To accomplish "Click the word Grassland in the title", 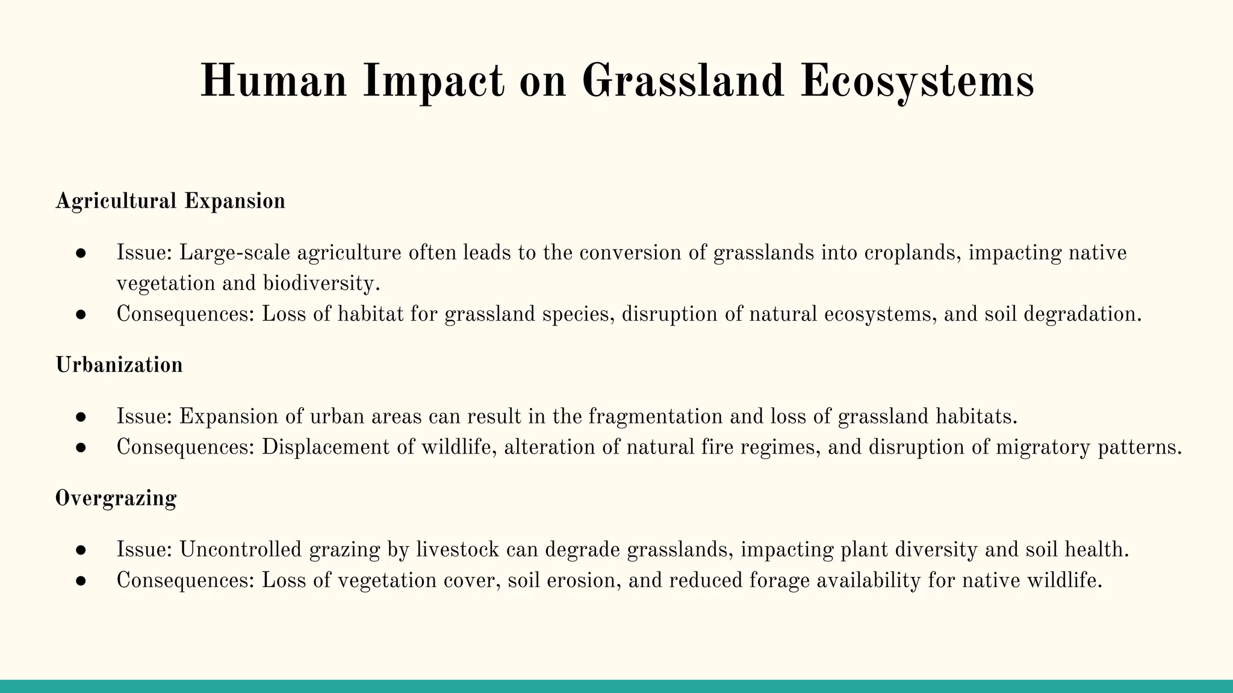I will pyautogui.click(x=683, y=81).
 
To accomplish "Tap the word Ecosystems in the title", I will pyautogui.click(x=917, y=81).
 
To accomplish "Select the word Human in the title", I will pyautogui.click(x=273, y=81).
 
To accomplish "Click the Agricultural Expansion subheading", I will pyautogui.click(x=170, y=201).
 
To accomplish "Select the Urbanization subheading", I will pyautogui.click(x=119, y=365).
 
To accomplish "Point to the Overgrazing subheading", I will pyautogui.click(x=116, y=498).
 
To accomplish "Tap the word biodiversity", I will pyautogui.click(x=321, y=283).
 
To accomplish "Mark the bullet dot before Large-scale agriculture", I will pyautogui.click(x=81, y=253).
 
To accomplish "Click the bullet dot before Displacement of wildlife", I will pyautogui.click(x=81, y=448).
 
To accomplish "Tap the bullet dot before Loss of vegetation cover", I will pyautogui.click(x=81, y=581).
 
